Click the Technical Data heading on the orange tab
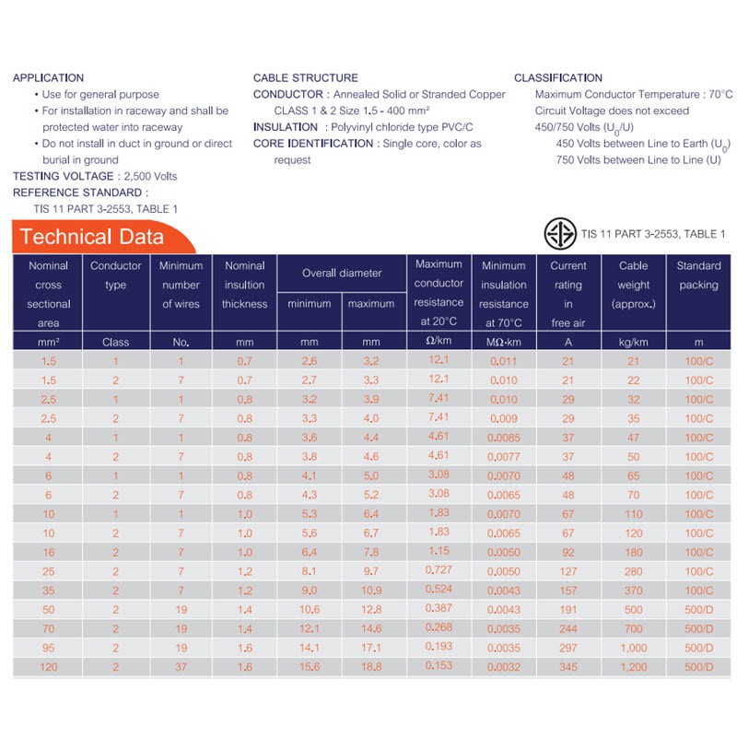[92, 237]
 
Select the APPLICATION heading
[48, 77]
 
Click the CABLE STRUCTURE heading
[306, 77]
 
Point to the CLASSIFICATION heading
[558, 77]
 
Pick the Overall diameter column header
[341, 273]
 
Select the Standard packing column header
[698, 275]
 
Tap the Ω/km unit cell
[439, 342]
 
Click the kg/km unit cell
[633, 342]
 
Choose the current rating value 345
[567, 666]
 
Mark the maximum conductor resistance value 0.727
[439, 570]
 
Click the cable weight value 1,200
[633, 666]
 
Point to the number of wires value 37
[181, 666]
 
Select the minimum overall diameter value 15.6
[310, 666]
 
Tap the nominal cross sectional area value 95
[49, 648]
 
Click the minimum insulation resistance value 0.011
[503, 361]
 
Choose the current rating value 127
[567, 571]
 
